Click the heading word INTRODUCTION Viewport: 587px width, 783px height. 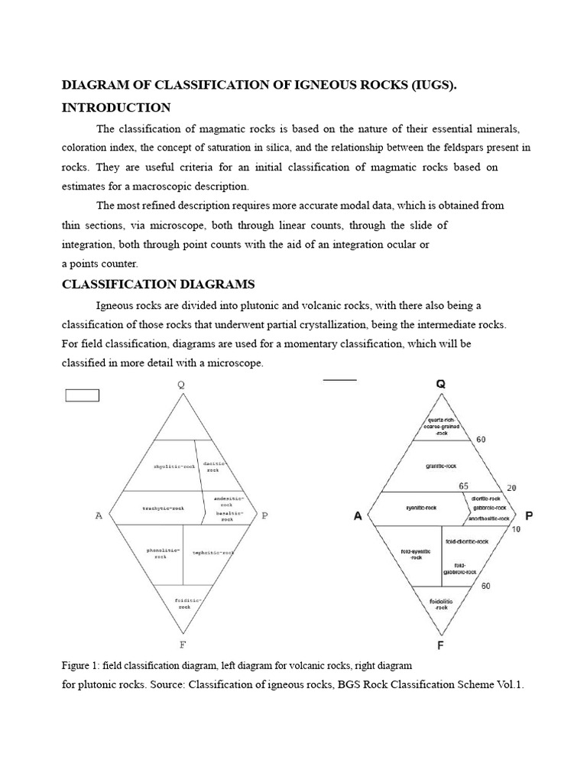tap(116, 107)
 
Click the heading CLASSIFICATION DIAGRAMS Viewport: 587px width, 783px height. tap(158, 284)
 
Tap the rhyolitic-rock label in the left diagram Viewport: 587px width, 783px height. tap(175, 466)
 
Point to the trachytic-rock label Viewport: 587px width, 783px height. tap(164, 508)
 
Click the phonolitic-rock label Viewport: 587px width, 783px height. tap(165, 553)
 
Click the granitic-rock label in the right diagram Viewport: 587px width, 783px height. tap(441, 465)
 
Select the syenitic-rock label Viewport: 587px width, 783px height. tap(420, 507)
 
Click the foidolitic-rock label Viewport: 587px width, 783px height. tap(441, 604)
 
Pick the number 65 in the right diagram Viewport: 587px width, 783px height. tap(464, 486)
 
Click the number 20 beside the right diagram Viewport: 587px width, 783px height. tap(511, 487)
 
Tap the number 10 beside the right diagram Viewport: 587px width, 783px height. tap(515, 530)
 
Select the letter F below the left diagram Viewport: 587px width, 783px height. tap(182, 643)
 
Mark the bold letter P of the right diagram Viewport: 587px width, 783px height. tap(529, 516)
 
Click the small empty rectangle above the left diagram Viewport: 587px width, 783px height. tap(83, 395)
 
